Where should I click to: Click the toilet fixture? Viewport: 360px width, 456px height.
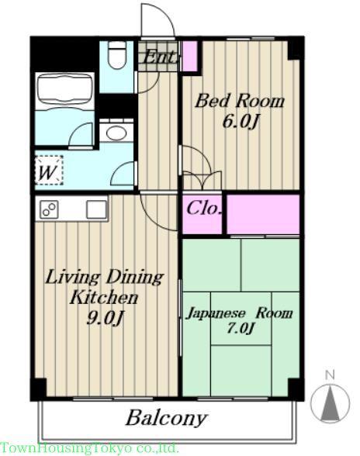point(117,54)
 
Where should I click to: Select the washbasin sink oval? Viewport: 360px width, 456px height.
point(116,133)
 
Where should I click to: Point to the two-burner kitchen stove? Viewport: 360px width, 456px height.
point(49,209)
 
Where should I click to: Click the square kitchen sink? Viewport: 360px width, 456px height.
point(96,209)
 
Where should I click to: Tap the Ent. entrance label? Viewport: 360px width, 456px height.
point(159,57)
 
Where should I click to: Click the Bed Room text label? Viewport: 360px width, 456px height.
point(240,102)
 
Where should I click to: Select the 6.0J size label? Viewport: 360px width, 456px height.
point(240,122)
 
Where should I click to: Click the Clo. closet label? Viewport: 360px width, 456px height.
point(202,209)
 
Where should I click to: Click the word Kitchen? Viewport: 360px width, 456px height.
point(104,297)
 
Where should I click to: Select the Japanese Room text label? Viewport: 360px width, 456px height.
point(240,313)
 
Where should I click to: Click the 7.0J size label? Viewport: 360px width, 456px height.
point(240,329)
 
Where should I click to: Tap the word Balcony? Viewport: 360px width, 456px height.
point(166,419)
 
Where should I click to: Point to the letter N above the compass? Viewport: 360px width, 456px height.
point(330,375)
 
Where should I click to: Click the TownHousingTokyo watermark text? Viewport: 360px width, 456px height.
point(88,448)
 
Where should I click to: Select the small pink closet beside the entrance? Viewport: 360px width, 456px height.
point(189,56)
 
